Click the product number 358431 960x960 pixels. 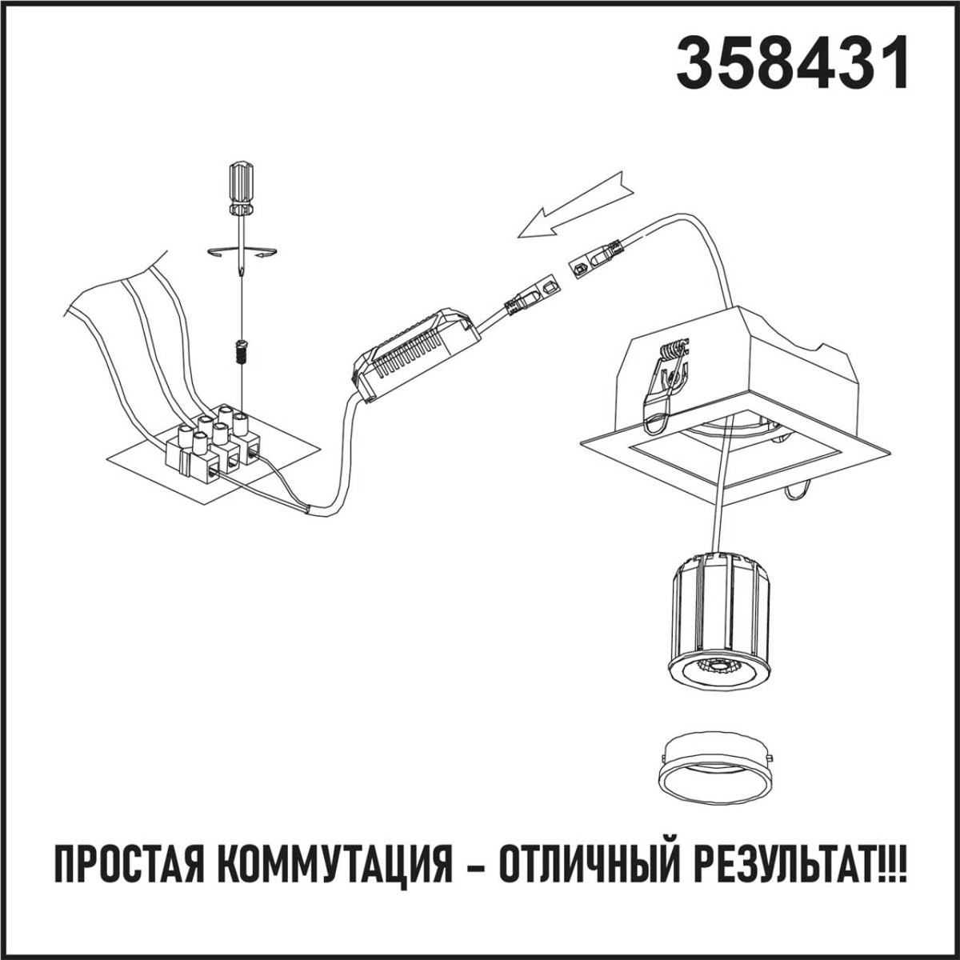click(x=792, y=64)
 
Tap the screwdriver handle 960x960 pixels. click(x=242, y=186)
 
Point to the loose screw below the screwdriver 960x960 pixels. click(x=238, y=350)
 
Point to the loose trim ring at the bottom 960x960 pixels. click(x=714, y=767)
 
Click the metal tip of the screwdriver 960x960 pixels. click(x=240, y=272)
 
